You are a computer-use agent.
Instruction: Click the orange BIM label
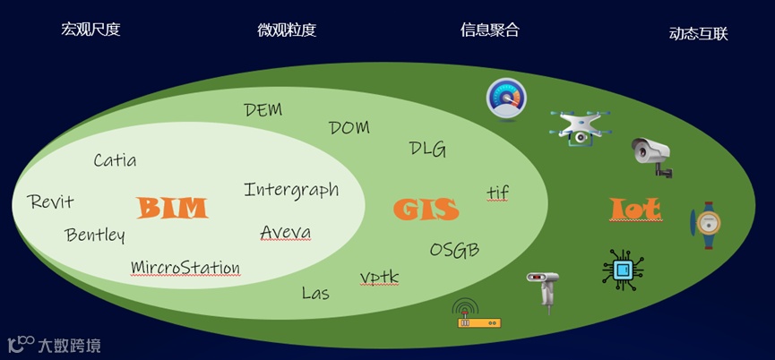172,209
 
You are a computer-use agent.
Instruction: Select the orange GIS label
426,210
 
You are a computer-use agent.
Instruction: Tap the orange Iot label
636,210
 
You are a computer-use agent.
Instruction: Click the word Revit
50,201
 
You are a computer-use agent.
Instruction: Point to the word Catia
115,161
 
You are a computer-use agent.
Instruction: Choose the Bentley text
95,236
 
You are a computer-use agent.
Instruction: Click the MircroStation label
185,267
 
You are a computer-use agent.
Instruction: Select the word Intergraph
291,190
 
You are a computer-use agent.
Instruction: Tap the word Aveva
286,233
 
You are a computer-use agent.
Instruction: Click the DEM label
263,110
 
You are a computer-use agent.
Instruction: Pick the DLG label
427,149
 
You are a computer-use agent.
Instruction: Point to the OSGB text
454,249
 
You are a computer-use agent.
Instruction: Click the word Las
315,293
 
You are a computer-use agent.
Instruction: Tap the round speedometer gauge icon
505,97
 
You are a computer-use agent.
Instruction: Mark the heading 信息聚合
489,30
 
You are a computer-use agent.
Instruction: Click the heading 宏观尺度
90,30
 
